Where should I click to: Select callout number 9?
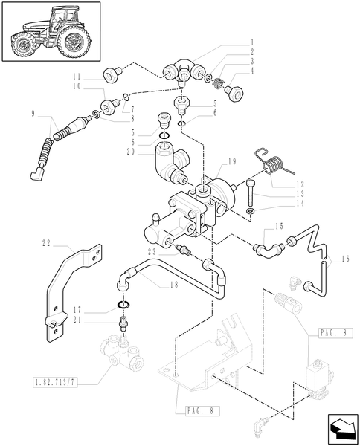(x=34, y=114)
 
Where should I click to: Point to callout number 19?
(x=232, y=161)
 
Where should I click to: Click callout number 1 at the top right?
(x=253, y=42)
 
